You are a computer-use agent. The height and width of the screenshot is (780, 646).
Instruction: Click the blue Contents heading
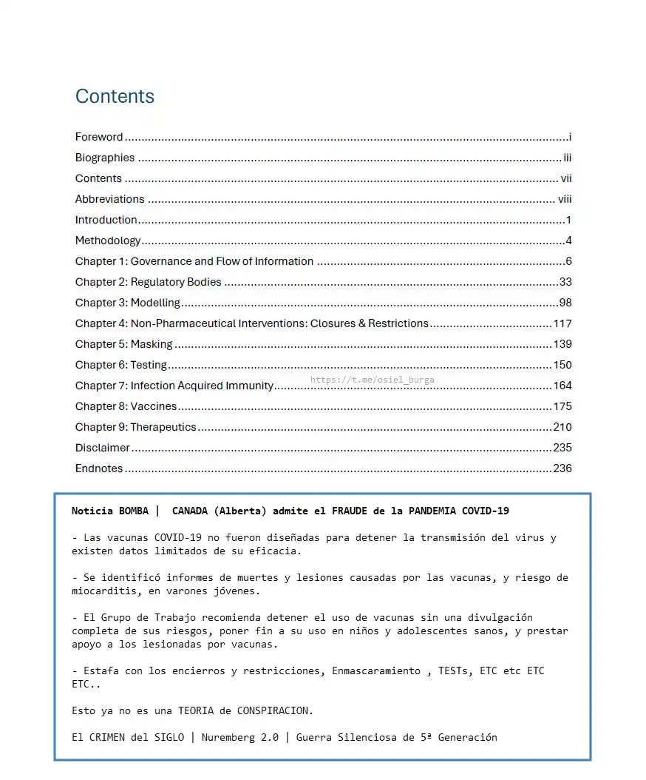(x=115, y=96)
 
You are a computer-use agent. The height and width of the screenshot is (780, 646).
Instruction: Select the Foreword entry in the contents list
(x=99, y=137)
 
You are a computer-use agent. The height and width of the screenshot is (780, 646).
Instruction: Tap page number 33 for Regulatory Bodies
(x=565, y=282)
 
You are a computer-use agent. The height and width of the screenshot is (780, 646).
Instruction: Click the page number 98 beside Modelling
(x=565, y=303)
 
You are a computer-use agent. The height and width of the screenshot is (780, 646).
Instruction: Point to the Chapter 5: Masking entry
(x=123, y=344)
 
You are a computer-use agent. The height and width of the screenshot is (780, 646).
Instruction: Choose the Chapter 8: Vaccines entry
(x=126, y=406)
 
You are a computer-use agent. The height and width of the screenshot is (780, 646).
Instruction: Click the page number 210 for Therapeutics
(x=562, y=427)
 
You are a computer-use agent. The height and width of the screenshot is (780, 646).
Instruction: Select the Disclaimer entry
(x=102, y=448)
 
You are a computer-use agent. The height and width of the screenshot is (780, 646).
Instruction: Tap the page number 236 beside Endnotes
(x=562, y=468)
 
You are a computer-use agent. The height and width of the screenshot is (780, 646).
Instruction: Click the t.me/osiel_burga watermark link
(x=372, y=380)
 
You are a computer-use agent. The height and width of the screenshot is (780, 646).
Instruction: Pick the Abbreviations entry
(x=109, y=199)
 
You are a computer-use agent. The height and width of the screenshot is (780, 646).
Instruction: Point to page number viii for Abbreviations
(x=565, y=199)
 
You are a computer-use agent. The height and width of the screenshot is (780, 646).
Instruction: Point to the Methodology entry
(x=107, y=241)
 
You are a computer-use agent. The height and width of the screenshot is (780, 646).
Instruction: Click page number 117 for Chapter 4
(x=562, y=323)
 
